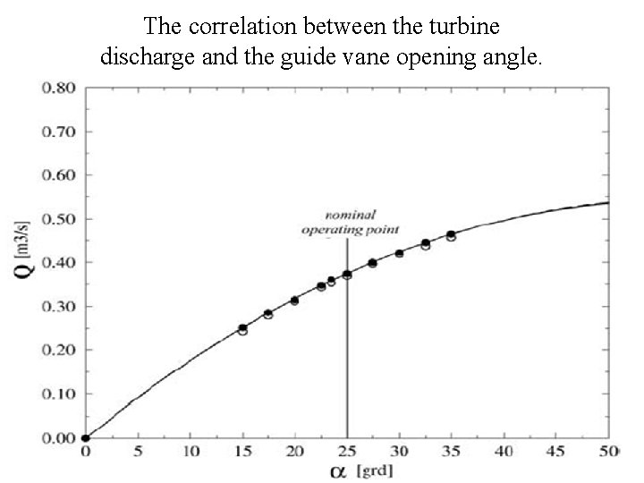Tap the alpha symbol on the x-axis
343,470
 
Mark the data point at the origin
85,438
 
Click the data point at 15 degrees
242,329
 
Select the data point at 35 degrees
451,235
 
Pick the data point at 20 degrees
294,301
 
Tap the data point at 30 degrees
399,253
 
